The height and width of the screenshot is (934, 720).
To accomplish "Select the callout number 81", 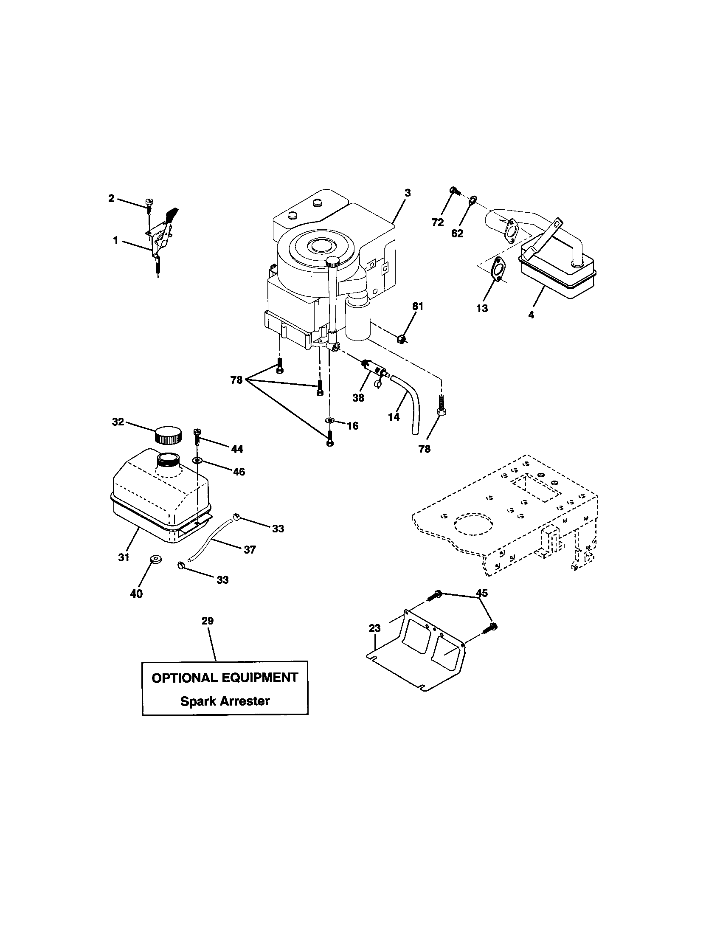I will [418, 306].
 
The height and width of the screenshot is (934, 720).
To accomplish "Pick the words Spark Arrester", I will [225, 701].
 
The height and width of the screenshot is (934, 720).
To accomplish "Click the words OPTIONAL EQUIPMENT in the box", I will [225, 678].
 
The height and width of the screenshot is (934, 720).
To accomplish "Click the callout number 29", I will [207, 621].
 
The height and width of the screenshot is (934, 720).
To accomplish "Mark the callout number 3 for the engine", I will [408, 193].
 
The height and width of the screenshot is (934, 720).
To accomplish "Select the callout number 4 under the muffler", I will [531, 315].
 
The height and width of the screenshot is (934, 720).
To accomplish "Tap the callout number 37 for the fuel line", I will [250, 550].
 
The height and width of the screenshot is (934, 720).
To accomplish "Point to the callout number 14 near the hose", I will [394, 416].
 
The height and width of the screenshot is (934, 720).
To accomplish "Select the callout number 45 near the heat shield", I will [482, 593].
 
